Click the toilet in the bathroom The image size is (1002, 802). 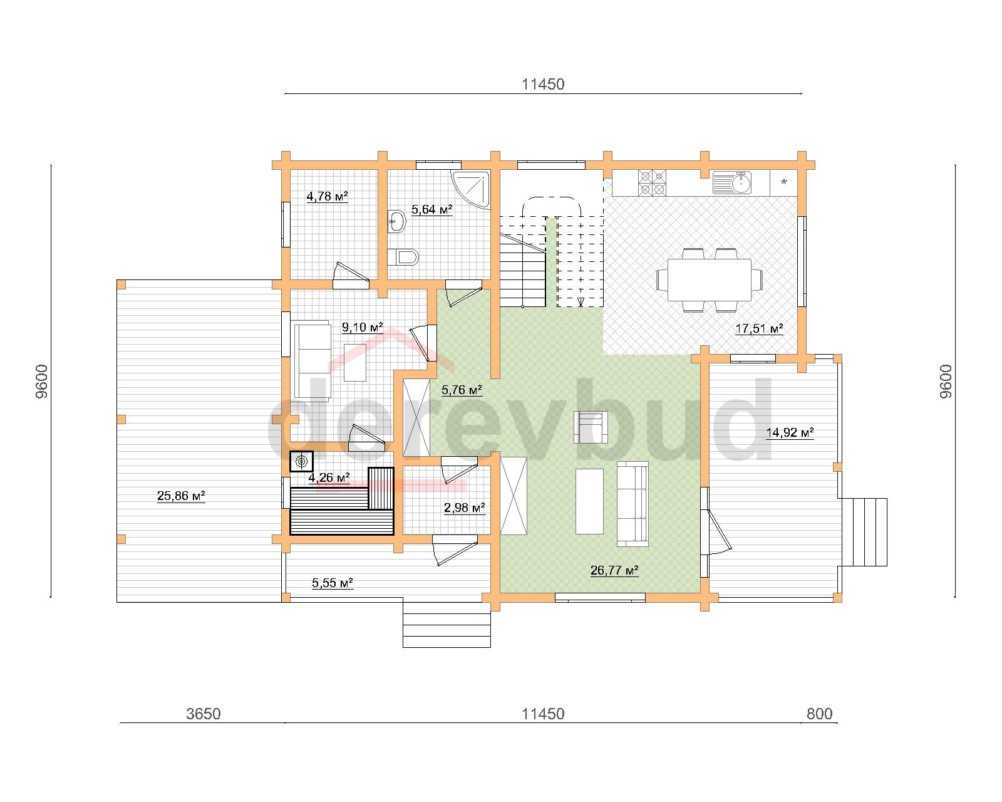403,257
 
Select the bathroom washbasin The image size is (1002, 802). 396,221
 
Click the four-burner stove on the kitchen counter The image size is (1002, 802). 652,183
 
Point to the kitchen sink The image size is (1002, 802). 732,182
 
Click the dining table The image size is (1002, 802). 709,279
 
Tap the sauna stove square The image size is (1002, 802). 301,461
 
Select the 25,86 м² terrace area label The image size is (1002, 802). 181,496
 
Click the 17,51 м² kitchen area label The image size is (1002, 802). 759,328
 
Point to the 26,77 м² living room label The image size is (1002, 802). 614,570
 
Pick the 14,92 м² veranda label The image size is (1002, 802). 790,432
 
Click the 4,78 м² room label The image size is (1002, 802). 327,196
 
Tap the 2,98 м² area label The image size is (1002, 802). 464,508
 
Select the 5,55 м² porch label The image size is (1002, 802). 333,583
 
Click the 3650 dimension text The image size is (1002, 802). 204,714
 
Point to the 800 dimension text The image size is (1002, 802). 820,714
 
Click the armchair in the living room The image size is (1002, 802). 591,427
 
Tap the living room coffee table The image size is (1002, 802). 589,501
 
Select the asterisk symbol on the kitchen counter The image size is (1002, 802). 784,182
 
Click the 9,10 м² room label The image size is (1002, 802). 362,327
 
